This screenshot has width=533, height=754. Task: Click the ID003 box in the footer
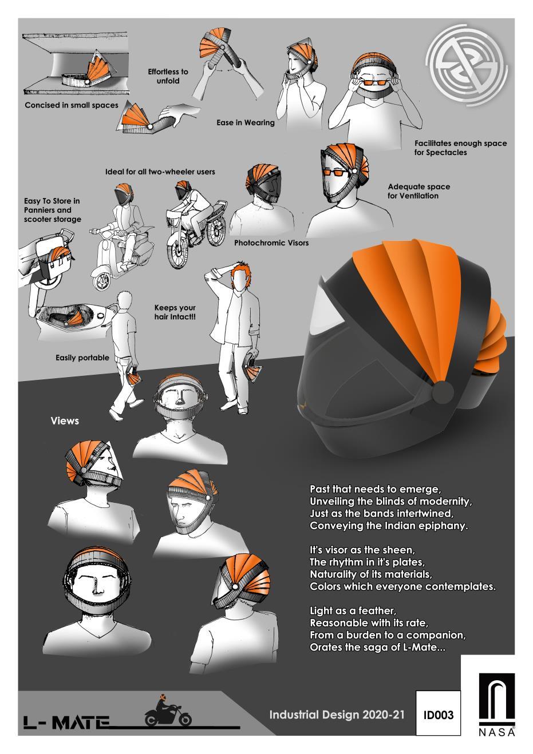pyautogui.click(x=438, y=715)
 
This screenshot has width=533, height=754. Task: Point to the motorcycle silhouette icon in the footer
pyautogui.click(x=167, y=712)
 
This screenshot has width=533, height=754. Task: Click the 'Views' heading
pyautogui.click(x=65, y=421)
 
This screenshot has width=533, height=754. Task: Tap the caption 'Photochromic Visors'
pyautogui.click(x=271, y=243)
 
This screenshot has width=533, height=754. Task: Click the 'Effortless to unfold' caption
pyautogui.click(x=168, y=76)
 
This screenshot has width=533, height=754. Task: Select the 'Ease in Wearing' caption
pyautogui.click(x=246, y=122)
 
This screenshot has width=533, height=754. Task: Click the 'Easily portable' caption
pyautogui.click(x=82, y=358)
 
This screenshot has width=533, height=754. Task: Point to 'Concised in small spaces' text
pyautogui.click(x=72, y=105)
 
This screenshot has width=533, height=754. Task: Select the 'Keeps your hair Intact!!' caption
pyautogui.click(x=175, y=312)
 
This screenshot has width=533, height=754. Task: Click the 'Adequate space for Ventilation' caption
pyautogui.click(x=418, y=191)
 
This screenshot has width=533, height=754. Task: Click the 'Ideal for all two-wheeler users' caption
pyautogui.click(x=160, y=171)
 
